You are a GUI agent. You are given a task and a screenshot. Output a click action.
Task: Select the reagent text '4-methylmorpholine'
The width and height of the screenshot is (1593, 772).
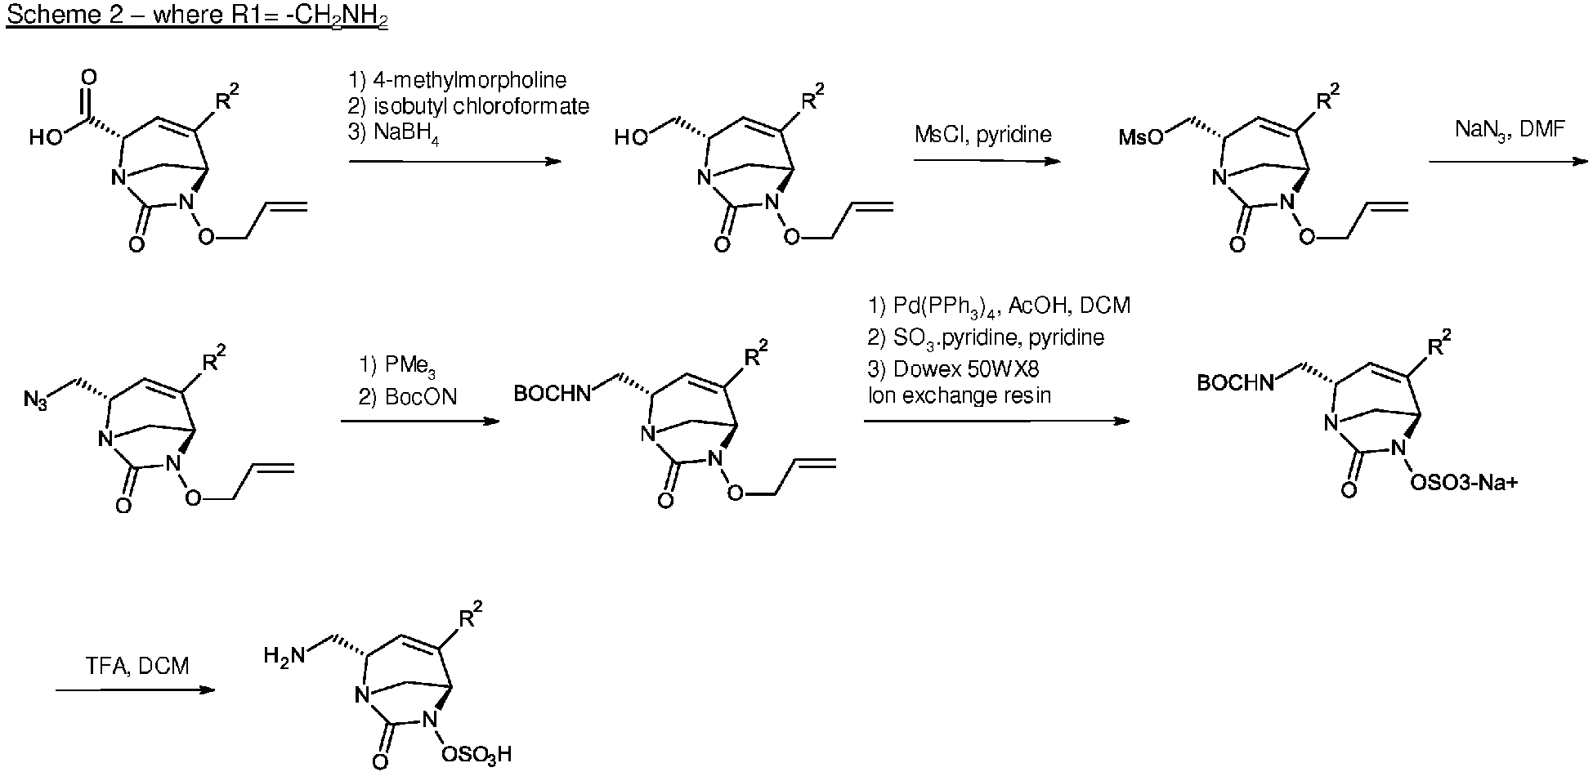coord(467,80)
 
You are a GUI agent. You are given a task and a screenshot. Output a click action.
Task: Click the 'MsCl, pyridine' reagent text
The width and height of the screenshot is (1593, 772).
coord(983,135)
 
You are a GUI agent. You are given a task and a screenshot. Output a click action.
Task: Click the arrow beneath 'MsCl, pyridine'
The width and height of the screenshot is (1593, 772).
coord(987,161)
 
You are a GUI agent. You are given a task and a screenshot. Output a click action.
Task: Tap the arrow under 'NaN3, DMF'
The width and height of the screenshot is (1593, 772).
coord(1507,162)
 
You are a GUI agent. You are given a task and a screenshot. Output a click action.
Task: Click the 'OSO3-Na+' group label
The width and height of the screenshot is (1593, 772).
coord(1465,483)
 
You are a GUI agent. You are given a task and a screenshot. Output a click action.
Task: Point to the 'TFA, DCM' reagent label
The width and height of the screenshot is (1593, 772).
coord(137,666)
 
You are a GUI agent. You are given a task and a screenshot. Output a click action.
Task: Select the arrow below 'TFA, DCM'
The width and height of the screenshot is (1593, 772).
coord(135,690)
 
